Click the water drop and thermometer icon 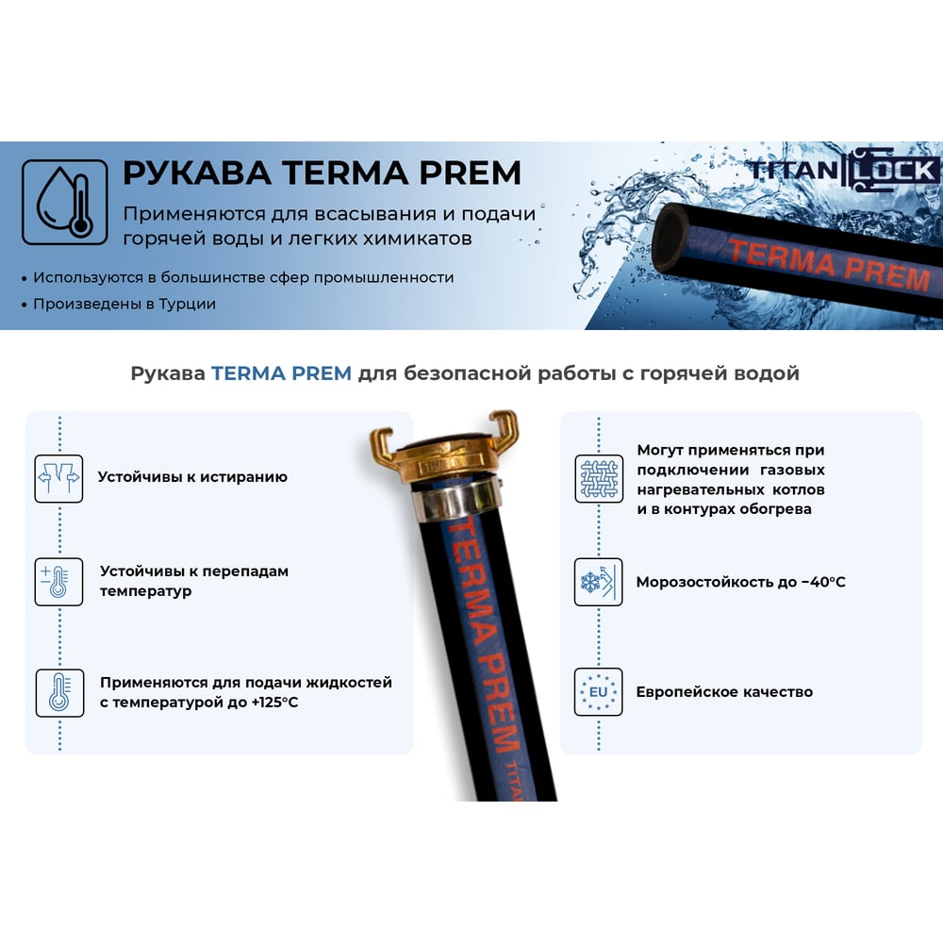click(x=65, y=202)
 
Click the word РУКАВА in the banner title click(x=197, y=173)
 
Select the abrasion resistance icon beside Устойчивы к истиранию click(x=58, y=479)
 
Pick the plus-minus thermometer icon click(x=58, y=582)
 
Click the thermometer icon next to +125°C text click(x=59, y=693)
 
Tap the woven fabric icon click(x=599, y=479)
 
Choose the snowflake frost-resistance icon click(x=599, y=582)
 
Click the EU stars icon click(x=599, y=691)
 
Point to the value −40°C click(x=823, y=582)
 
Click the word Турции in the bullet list click(x=187, y=305)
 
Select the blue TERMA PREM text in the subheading click(x=281, y=373)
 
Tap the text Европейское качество click(x=724, y=692)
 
